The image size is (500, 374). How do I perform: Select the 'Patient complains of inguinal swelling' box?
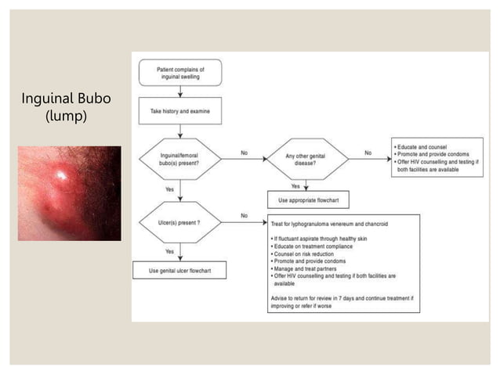(x=179, y=74)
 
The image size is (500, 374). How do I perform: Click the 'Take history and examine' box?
(x=179, y=111)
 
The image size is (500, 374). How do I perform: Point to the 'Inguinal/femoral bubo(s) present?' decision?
(x=179, y=159)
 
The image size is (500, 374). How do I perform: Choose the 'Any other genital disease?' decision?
(x=305, y=159)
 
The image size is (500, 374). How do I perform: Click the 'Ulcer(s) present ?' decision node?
(x=179, y=223)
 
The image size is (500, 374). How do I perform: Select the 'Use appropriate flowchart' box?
(x=305, y=200)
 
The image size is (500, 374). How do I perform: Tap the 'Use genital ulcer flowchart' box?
(x=179, y=271)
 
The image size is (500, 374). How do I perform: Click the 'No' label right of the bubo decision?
(x=244, y=153)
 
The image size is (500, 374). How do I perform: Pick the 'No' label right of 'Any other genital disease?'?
(x=368, y=153)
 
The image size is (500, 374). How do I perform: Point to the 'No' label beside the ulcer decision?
(x=244, y=215)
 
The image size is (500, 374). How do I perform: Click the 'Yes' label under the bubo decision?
(x=168, y=189)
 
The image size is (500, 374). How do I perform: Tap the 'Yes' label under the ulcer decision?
(x=168, y=251)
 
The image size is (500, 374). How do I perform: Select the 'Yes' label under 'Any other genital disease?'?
(x=295, y=186)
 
